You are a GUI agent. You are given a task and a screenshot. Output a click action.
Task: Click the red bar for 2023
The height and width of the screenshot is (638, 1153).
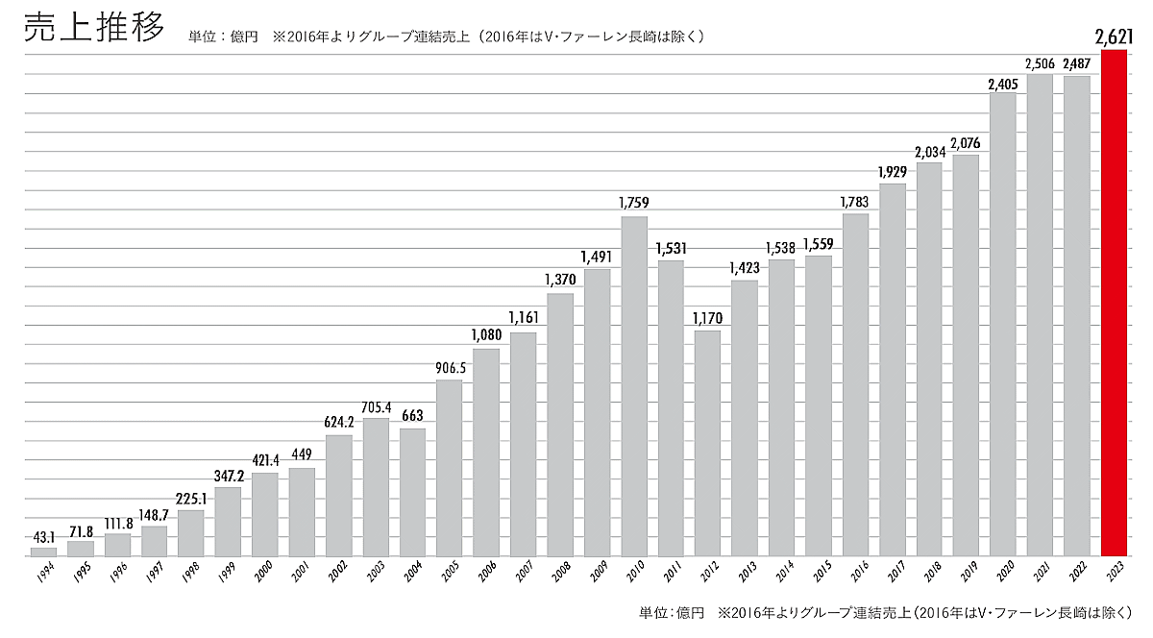1114,303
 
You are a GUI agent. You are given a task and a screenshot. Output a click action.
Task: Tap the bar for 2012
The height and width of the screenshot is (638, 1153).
708,443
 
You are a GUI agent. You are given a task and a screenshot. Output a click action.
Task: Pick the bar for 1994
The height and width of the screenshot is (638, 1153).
43,552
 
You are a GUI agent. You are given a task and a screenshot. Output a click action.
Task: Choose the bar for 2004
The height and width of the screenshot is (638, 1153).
413,492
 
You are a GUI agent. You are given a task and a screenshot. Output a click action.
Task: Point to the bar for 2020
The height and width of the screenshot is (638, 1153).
1003,325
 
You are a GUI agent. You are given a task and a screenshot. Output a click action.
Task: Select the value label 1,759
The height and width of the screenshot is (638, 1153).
634,204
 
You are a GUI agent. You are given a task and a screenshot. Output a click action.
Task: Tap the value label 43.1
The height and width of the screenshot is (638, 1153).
43,535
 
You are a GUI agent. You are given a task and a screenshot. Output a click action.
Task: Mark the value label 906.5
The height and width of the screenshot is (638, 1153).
450,367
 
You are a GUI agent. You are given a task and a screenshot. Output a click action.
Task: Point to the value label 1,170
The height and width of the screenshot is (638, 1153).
708,318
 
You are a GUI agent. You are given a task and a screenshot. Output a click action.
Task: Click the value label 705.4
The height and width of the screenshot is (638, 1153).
376,405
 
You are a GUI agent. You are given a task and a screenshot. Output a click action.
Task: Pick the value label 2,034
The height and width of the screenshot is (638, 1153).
929,151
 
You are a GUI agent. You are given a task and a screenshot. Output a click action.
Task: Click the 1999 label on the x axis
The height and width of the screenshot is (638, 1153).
227,571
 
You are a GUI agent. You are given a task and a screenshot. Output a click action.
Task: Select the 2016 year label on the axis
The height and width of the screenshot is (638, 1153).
854,571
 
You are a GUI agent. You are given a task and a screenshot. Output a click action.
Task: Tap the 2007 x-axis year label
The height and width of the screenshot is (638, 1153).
522,571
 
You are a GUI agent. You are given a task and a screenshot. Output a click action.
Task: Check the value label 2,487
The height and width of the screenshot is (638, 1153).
1077,64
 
